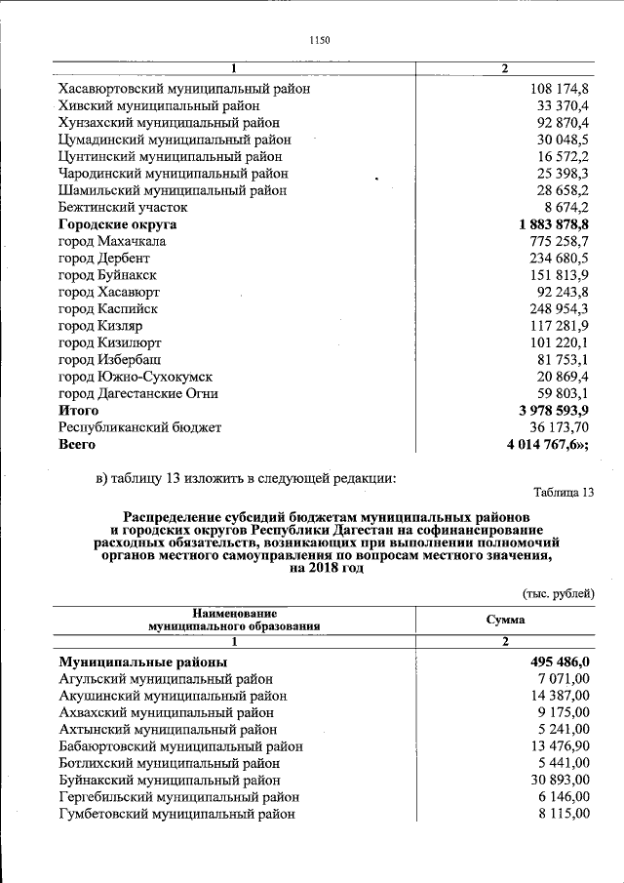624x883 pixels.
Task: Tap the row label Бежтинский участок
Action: [123, 208]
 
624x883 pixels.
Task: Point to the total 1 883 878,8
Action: [548, 224]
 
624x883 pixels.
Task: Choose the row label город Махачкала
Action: [112, 241]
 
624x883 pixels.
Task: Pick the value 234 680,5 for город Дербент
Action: [554, 259]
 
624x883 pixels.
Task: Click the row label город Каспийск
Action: [108, 309]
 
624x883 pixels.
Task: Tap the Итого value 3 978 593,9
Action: [548, 411]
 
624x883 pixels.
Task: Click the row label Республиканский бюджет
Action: [140, 427]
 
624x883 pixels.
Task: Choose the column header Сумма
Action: [505, 620]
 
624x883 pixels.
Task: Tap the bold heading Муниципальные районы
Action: [143, 662]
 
